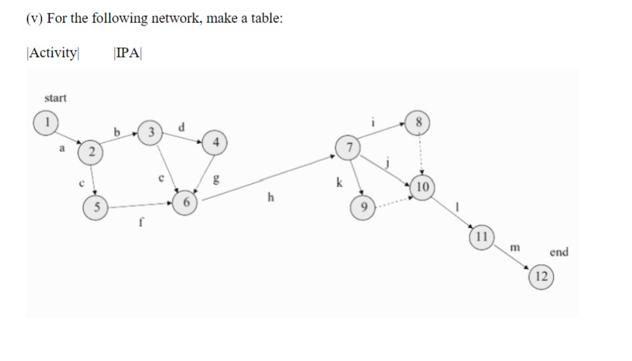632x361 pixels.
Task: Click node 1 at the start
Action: [46, 122]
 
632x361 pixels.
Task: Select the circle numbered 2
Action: [91, 152]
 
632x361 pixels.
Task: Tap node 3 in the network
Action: [150, 133]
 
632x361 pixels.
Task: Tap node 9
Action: [363, 207]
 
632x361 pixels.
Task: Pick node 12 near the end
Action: [541, 277]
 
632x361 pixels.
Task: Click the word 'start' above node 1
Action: [56, 98]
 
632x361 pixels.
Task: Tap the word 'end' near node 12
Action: [558, 252]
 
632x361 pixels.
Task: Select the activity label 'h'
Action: [271, 198]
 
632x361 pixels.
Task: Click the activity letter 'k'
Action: [339, 183]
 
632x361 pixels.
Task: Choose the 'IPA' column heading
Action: [128, 52]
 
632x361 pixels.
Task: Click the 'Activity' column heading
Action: [52, 52]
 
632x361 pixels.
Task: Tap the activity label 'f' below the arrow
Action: [141, 223]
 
